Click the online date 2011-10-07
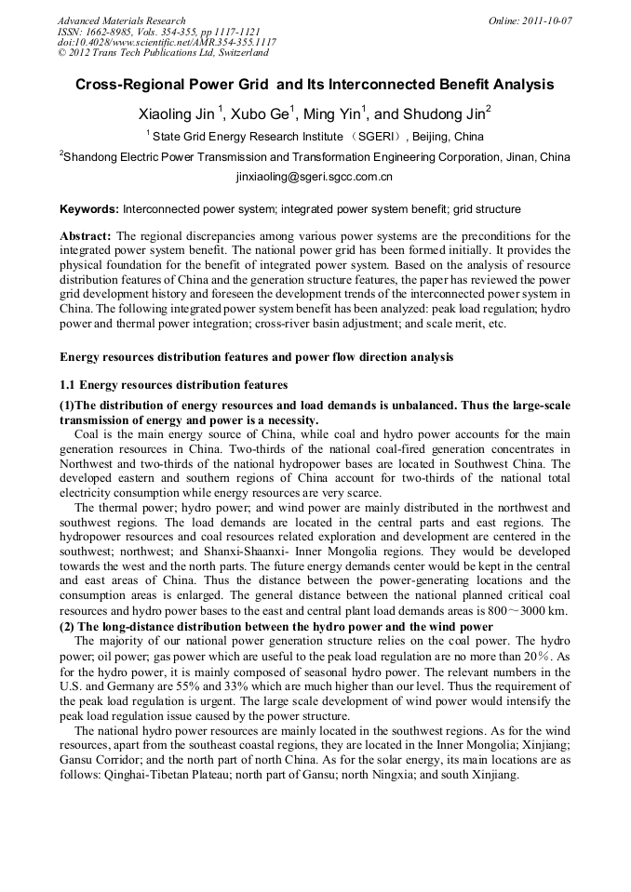545,20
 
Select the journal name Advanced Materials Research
121,20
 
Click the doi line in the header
167,43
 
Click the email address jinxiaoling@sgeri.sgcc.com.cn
315,176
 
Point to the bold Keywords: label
89,209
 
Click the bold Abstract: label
86,236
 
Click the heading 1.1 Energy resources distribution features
174,384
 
